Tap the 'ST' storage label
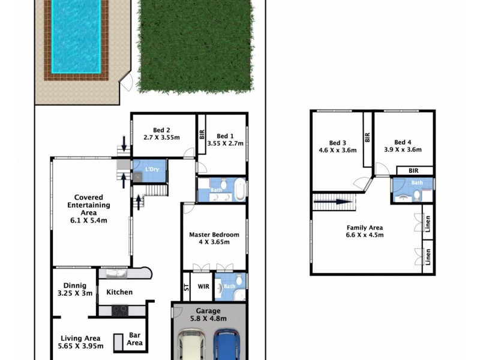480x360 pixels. [185, 287]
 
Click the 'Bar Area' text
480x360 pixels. [134, 339]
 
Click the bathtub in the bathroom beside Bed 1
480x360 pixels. [240, 190]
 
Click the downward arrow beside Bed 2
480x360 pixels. [125, 143]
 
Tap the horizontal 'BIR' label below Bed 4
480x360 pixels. [414, 171]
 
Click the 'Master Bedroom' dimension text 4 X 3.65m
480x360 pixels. [214, 243]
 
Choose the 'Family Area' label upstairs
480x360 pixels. [365, 227]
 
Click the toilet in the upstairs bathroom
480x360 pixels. [416, 194]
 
